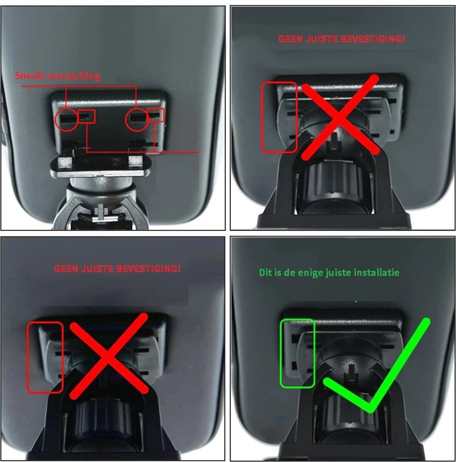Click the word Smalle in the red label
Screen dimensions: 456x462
[x=30, y=75]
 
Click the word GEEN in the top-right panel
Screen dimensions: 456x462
[x=290, y=39]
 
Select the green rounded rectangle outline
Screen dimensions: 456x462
[x=281, y=354]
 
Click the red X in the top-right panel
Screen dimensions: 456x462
[x=340, y=117]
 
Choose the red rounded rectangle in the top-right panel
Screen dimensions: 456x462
[x=262, y=117]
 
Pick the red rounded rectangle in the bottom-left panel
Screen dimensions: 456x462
[x=28, y=358]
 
